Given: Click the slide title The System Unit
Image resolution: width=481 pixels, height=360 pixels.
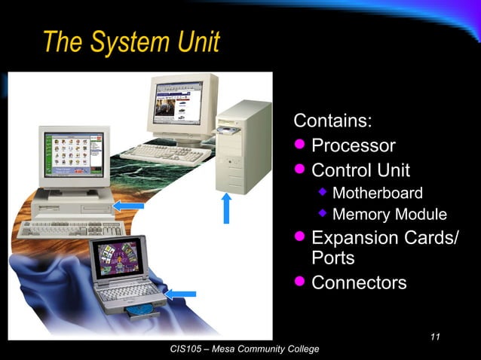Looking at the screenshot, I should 131,42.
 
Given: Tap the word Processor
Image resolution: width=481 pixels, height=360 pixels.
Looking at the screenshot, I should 353,145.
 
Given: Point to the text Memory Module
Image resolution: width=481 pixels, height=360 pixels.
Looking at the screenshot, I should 389,215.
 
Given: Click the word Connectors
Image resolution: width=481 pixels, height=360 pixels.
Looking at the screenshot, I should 359,283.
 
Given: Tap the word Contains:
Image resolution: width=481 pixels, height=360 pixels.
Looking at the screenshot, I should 332,121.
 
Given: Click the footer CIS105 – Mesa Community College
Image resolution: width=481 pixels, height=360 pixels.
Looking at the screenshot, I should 245,349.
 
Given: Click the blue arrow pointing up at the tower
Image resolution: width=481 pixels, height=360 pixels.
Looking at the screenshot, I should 225,209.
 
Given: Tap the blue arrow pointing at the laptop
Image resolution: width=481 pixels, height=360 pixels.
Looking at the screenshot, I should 181,293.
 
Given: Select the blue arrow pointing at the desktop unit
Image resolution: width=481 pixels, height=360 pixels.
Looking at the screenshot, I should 127,205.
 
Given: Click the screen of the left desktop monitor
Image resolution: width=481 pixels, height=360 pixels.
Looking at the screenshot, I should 72,153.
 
